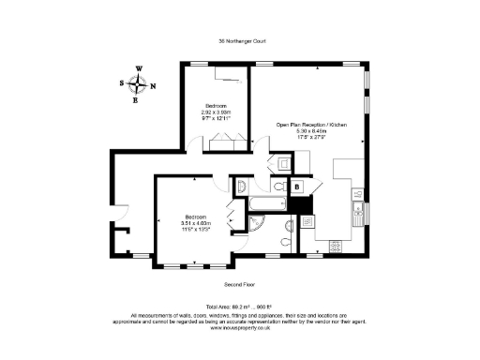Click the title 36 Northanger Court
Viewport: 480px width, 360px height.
[x=240, y=40]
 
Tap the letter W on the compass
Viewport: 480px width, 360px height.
[x=139, y=69]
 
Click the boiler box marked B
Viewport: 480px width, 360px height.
[x=297, y=187]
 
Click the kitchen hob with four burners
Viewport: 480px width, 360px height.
[x=334, y=247]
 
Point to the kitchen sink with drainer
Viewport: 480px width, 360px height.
[x=357, y=214]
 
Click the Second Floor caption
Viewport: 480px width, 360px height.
[x=240, y=283]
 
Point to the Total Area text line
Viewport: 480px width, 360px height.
[x=240, y=307]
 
